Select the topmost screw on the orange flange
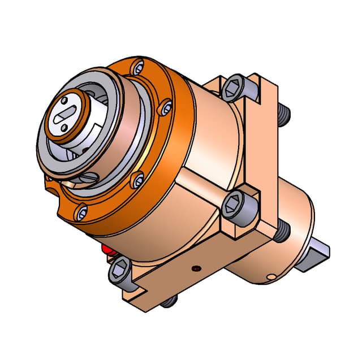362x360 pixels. coord(138,69)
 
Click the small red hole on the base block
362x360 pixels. coord(196,267)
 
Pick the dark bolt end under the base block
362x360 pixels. coord(168,303)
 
